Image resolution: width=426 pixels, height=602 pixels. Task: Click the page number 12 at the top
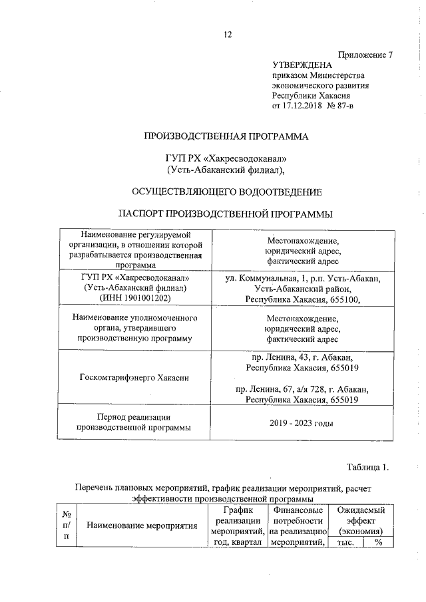coord(227,35)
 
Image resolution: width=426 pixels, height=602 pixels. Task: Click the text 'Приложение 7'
coord(365,55)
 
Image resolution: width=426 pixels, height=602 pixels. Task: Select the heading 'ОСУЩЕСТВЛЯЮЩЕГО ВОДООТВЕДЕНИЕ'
coord(227,192)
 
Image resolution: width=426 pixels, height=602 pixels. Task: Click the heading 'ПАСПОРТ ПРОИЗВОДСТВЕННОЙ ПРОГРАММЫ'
coord(227,214)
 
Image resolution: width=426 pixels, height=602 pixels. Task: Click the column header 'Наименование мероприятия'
coord(143,526)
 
